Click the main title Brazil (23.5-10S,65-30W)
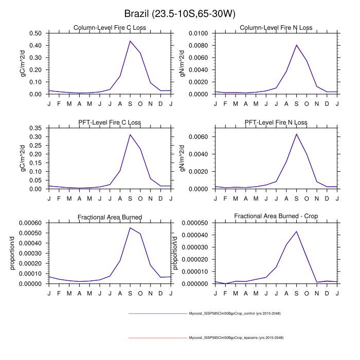point(180,13)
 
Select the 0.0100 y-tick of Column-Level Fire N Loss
point(199,33)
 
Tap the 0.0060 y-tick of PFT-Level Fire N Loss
point(199,137)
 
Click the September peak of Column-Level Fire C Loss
point(130,41)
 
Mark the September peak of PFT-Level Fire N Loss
point(296,134)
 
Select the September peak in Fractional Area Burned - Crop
point(296,231)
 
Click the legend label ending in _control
point(235,313)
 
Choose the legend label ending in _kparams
point(236,338)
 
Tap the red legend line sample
point(158,338)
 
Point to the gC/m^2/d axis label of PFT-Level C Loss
point(23,158)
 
